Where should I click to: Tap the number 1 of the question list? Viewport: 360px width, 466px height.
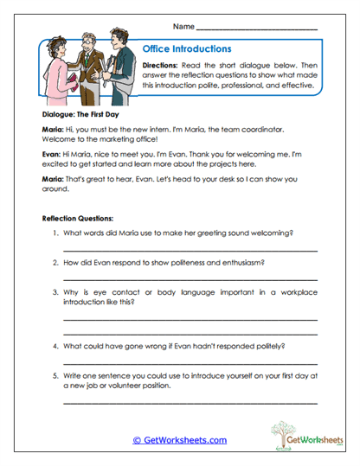point(55,233)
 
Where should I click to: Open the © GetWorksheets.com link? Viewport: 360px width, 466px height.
point(179,439)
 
